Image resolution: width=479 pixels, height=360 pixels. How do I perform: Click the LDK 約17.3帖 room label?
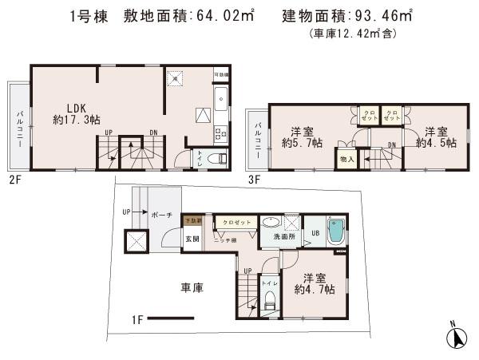click(x=77, y=112)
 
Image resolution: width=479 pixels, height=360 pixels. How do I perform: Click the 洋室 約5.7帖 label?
click(x=301, y=138)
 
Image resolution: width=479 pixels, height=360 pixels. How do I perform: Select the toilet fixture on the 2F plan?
click(x=213, y=158)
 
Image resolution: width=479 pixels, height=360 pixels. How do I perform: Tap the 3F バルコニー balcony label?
click(x=258, y=136)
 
